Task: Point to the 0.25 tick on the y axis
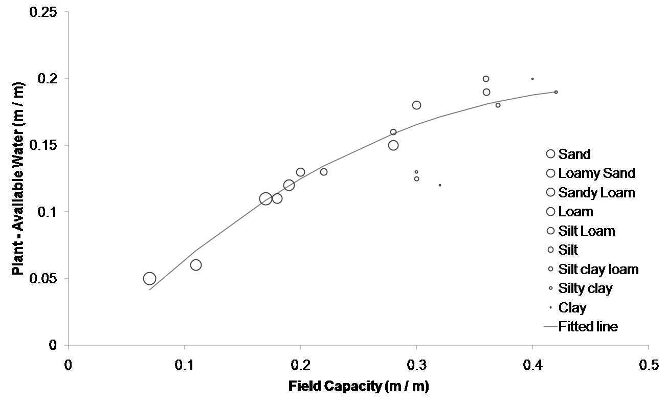click(46, 12)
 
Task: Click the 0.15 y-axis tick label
click(46, 145)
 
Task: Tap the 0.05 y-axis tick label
click(46, 279)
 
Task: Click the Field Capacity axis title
click(358, 386)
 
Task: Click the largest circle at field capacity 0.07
click(149, 279)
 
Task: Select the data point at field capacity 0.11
click(196, 265)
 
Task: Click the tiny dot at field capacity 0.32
click(440, 185)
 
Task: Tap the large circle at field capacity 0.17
click(265, 199)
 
